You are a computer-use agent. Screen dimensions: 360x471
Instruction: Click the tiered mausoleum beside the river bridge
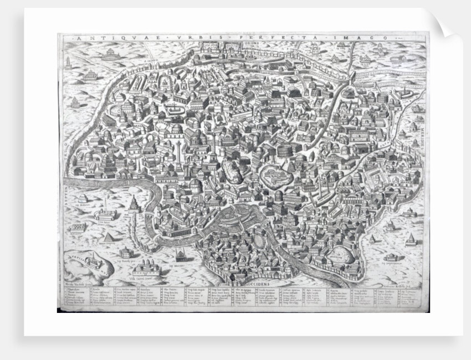tap(134, 204)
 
